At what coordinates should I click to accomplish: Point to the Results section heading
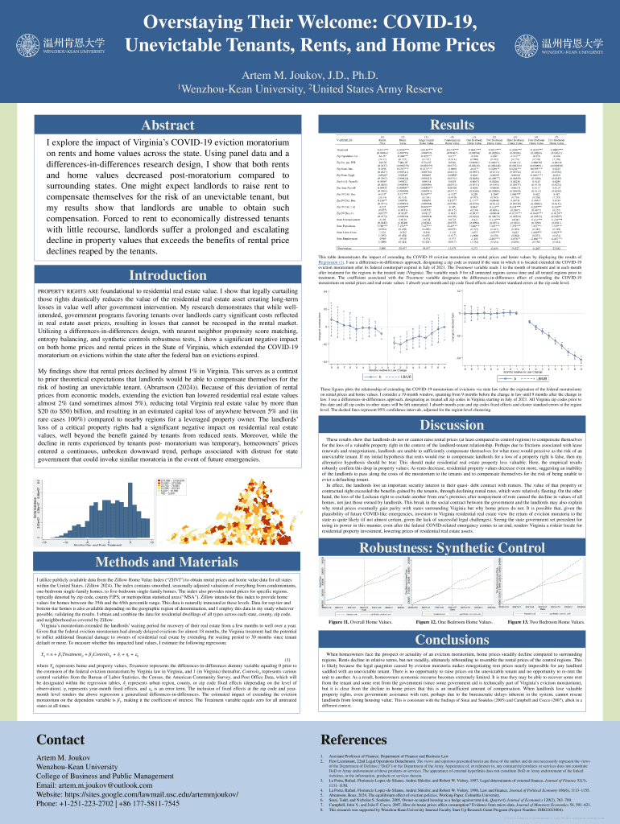[453, 126]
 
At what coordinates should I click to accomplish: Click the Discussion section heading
[453, 425]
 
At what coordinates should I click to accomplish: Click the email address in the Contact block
[89, 785]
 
